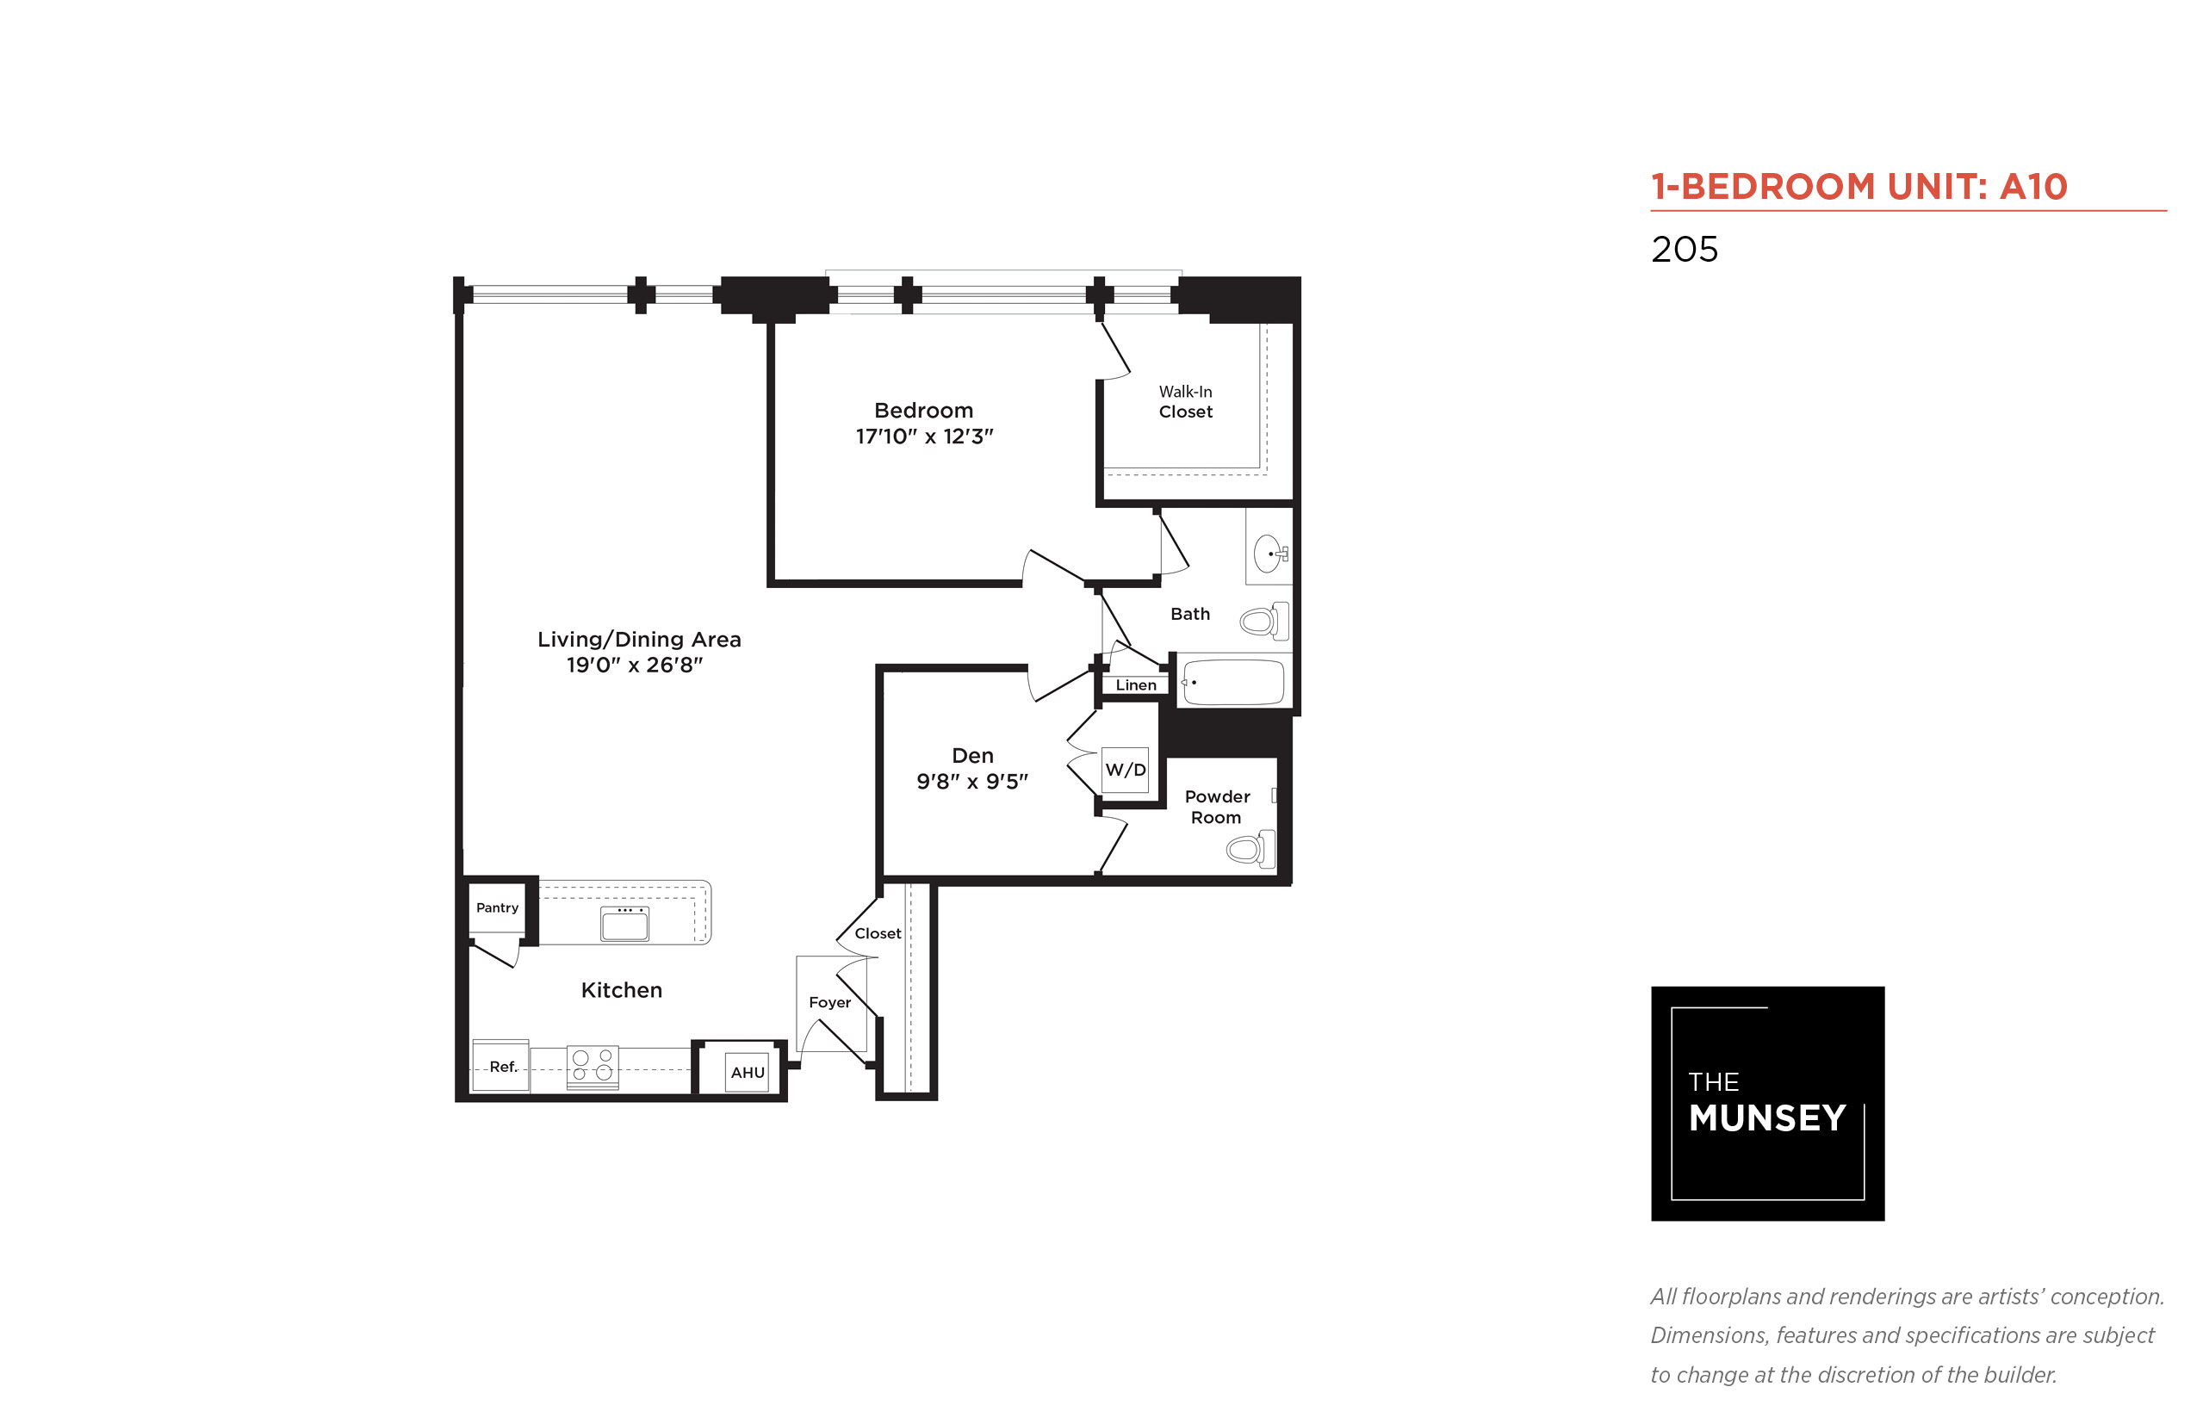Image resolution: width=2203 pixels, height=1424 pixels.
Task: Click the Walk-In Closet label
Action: [1185, 402]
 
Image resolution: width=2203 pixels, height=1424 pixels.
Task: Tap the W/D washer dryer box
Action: [1125, 770]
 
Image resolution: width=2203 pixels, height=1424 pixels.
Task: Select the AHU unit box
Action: [747, 1072]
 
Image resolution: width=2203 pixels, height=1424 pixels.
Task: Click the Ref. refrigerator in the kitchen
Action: [500, 1065]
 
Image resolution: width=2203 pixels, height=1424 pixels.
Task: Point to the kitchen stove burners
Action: [592, 1064]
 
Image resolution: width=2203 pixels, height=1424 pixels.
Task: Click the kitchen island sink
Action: [624, 923]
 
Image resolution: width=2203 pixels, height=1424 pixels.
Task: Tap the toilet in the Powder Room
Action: [1250, 848]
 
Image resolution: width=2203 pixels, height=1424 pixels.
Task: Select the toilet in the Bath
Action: [1263, 621]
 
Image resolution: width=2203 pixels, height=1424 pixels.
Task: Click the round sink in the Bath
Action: [1268, 554]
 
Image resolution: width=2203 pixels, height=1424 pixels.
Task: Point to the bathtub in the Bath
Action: [1232, 683]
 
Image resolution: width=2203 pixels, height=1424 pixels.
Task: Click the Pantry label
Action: [497, 907]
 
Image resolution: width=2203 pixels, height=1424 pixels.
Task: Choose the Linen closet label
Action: [1135, 685]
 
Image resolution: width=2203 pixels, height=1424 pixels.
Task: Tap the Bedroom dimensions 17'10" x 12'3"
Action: [923, 436]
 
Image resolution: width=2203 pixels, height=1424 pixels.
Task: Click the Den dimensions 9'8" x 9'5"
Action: [971, 782]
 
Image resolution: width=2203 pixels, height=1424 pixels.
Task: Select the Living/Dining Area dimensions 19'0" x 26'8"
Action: [634, 665]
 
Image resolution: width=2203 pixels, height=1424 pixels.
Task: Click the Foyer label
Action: [828, 1002]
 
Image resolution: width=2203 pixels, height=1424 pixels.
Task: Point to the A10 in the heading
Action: [2032, 187]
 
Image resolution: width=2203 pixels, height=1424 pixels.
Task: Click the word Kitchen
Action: [621, 990]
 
